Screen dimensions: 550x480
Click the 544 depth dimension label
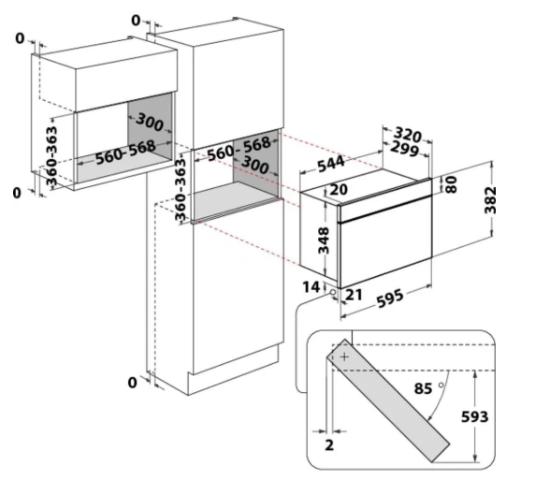[331, 164]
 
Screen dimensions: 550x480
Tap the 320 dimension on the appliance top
[407, 135]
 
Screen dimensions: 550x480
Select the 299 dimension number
[405, 149]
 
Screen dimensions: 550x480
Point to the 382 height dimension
[490, 200]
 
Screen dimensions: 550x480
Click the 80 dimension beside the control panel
[452, 184]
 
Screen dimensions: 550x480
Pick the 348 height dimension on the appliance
[324, 240]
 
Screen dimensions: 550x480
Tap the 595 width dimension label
[390, 298]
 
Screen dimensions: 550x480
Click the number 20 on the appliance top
[339, 189]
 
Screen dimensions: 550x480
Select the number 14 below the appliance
[311, 287]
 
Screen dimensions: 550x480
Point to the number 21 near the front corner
[354, 295]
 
